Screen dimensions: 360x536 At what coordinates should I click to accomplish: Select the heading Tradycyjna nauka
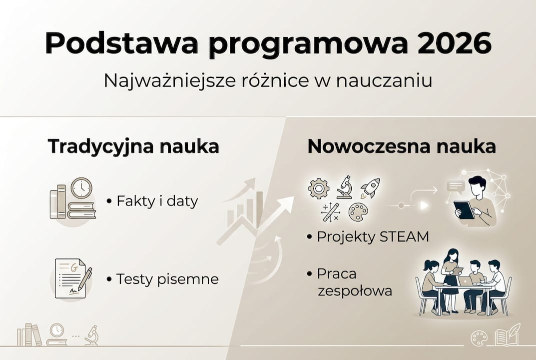tap(133, 146)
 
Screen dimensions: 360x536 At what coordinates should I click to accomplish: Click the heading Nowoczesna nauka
tap(402, 146)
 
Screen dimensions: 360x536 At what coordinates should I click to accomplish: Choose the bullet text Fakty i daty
tap(157, 201)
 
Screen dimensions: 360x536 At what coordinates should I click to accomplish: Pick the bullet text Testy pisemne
tap(167, 278)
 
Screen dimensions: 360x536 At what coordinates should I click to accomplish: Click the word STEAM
tap(404, 236)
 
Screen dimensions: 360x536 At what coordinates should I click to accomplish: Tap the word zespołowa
tap(355, 291)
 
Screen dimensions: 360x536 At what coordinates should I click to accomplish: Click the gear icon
tap(319, 188)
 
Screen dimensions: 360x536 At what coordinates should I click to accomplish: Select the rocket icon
tap(370, 187)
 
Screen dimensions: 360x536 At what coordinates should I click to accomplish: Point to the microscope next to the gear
tap(344, 187)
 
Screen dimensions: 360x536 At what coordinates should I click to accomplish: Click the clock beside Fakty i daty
tap(81, 188)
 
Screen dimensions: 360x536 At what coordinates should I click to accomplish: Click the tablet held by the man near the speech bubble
tap(464, 209)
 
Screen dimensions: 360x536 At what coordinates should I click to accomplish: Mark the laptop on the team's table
tap(466, 280)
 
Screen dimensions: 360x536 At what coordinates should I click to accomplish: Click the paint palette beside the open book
tap(479, 338)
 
